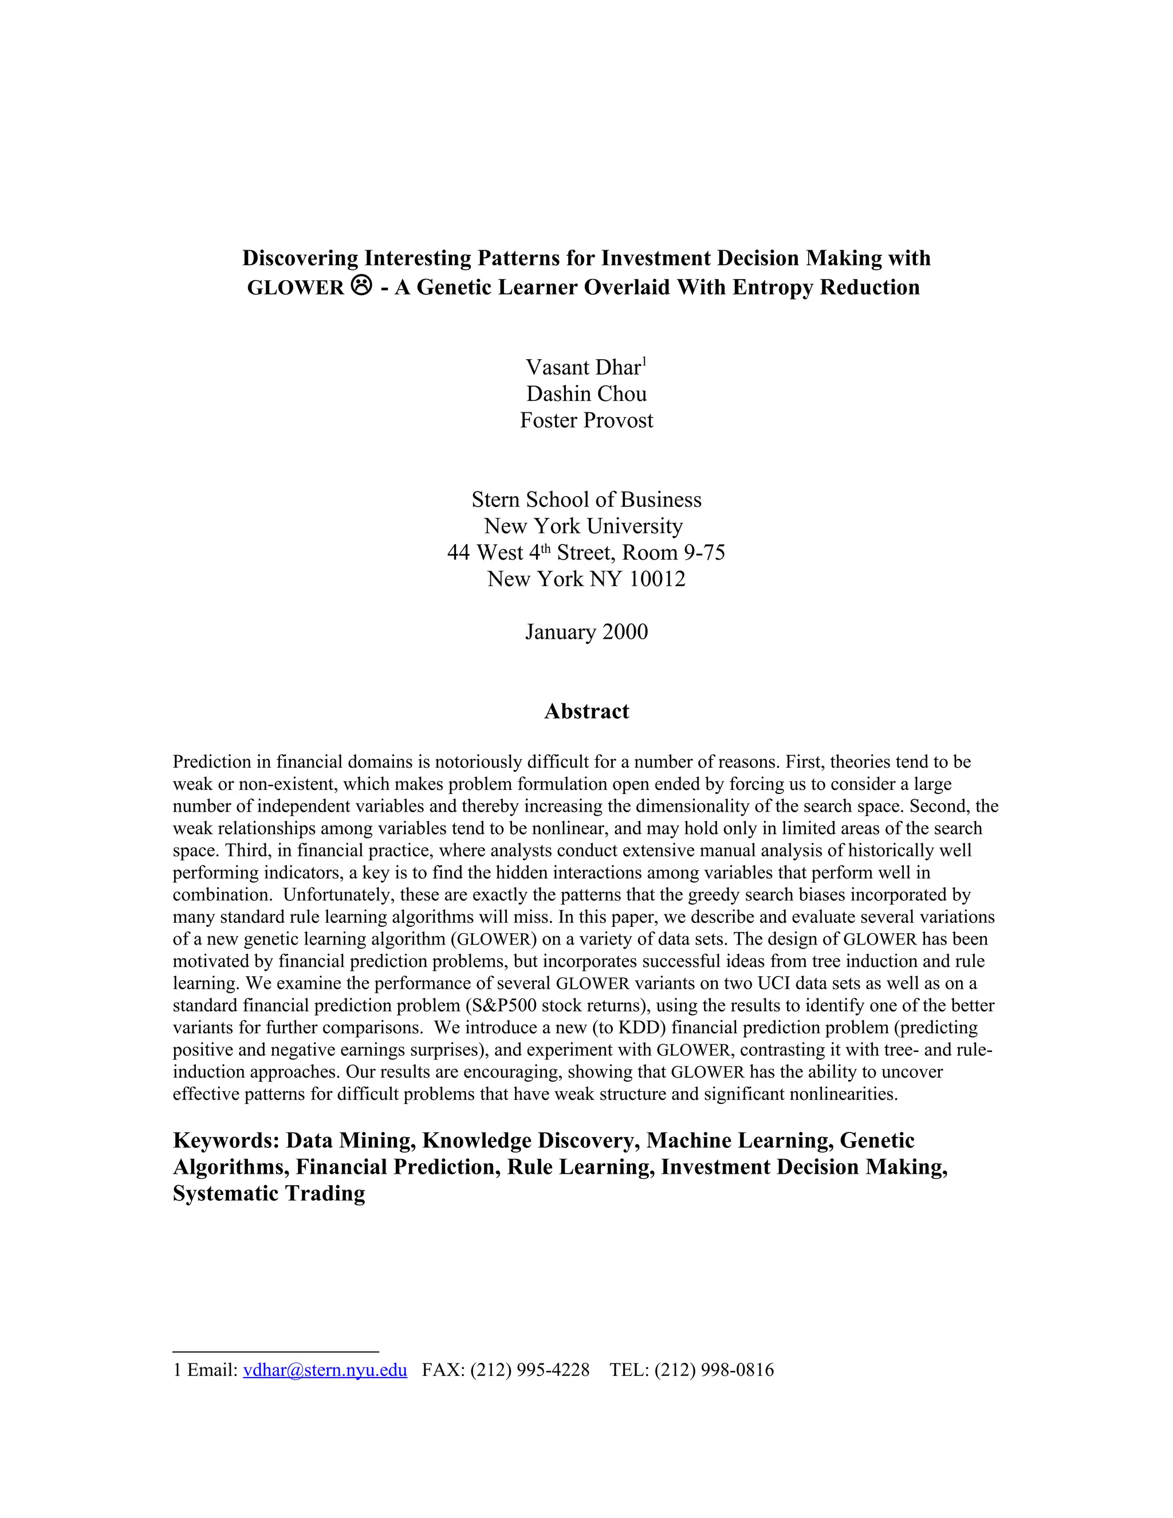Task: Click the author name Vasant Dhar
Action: coord(582,367)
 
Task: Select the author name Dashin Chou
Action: coord(586,394)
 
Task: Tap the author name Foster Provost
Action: coord(586,420)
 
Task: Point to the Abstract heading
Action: coord(586,711)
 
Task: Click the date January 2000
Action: coord(586,631)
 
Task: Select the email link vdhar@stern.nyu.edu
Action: coord(325,1370)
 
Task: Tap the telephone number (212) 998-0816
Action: coord(714,1370)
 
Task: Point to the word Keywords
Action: coord(225,1141)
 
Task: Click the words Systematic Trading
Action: coord(269,1193)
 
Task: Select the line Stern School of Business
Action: coord(586,499)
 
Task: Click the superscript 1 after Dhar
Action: coord(644,360)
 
